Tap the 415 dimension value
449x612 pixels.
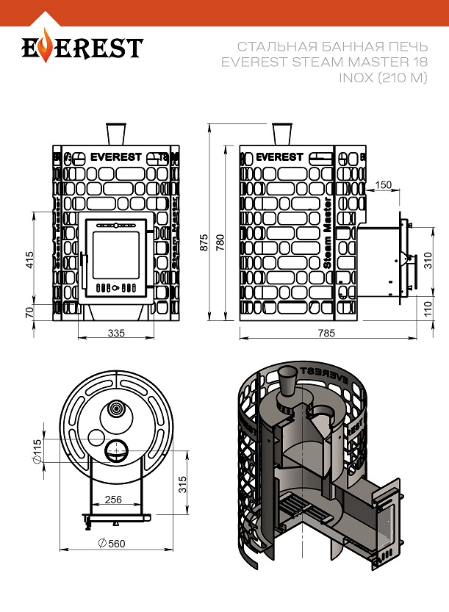point(30,261)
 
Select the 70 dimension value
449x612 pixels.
point(30,312)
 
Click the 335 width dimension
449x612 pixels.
point(116,333)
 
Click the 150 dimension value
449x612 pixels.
point(383,184)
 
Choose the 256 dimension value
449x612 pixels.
point(113,500)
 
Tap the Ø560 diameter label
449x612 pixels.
point(110,544)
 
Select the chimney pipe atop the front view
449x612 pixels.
point(116,134)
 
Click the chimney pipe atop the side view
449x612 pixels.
point(281,134)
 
